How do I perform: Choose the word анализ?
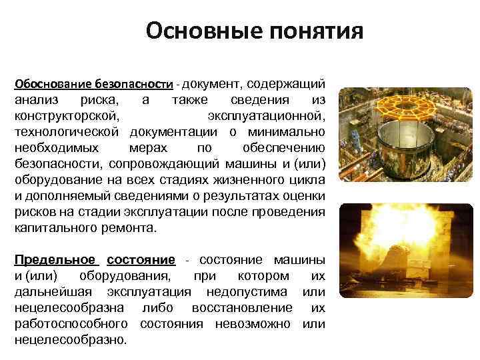click(36, 100)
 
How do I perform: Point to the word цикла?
click(309, 180)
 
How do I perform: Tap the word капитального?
click(55, 227)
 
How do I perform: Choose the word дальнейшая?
click(55, 292)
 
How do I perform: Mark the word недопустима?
click(247, 292)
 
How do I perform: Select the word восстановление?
click(241, 307)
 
